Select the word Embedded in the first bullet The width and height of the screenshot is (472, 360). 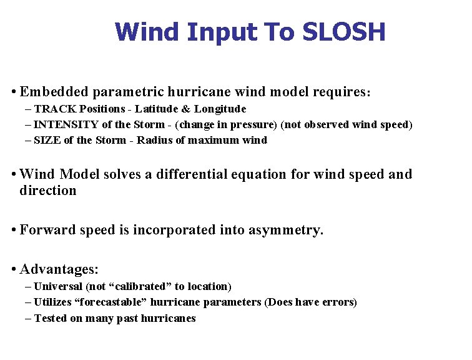coord(54,92)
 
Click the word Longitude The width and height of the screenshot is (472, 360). coord(219,109)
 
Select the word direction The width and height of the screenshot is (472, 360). coord(48,191)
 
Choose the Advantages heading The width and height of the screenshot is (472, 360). coord(59,269)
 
